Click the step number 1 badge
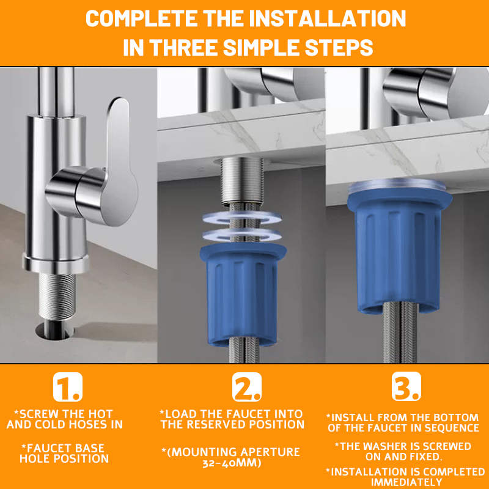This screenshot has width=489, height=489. [68, 387]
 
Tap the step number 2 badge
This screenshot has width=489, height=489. [247, 387]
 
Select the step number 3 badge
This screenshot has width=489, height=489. [406, 386]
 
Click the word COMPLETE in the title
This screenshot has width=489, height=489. [141, 18]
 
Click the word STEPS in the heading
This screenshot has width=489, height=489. [339, 48]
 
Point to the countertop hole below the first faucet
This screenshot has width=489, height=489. [55, 331]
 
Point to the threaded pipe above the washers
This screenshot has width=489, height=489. [242, 181]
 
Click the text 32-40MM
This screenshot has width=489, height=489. [232, 463]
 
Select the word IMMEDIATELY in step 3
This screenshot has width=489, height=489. [406, 482]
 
